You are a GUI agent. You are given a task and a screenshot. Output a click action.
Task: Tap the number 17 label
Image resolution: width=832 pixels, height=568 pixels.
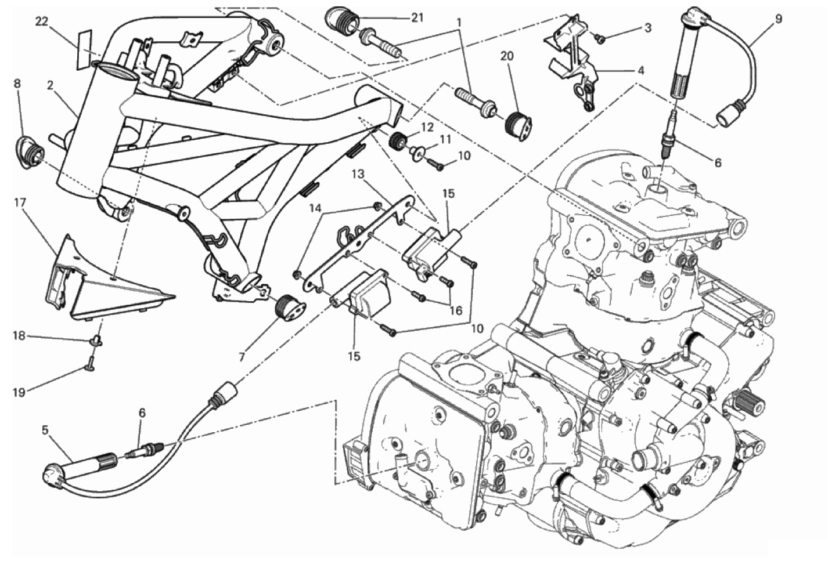(20, 202)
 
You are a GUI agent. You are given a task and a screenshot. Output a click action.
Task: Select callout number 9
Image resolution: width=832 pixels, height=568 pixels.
(778, 19)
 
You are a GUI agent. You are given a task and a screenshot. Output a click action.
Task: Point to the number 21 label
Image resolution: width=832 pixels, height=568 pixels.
(417, 18)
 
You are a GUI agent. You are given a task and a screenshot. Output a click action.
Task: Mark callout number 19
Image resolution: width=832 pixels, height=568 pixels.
(19, 392)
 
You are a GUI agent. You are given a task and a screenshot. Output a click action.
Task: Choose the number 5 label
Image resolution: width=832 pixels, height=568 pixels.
(45, 430)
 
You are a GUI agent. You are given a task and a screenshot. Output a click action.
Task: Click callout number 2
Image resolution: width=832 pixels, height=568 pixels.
(51, 86)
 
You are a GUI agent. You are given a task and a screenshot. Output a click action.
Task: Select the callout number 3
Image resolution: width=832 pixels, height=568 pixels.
(647, 27)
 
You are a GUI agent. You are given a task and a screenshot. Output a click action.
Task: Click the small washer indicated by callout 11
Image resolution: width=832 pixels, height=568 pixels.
(416, 152)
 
